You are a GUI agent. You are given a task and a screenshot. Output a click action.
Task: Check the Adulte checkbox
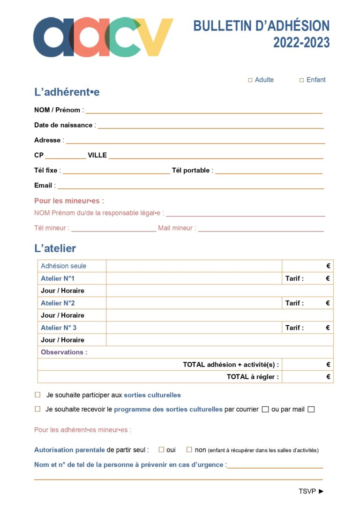(250, 80)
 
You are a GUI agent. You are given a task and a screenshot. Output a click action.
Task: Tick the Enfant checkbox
(302, 80)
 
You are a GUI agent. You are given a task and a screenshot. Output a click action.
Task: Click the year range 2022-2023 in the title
(301, 43)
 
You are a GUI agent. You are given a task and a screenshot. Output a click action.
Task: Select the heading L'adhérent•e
(67, 92)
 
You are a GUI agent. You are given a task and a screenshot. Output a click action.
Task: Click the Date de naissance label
(64, 125)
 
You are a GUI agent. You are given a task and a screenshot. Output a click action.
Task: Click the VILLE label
(97, 155)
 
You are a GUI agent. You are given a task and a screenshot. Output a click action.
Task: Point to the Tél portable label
(191, 170)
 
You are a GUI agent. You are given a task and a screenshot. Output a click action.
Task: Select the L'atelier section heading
(55, 248)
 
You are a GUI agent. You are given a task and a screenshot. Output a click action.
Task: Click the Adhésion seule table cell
(63, 266)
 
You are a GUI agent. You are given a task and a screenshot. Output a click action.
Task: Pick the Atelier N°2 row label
(58, 303)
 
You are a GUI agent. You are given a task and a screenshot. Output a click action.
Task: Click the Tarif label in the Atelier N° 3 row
(294, 328)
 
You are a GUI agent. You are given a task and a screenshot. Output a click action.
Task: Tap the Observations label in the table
(64, 352)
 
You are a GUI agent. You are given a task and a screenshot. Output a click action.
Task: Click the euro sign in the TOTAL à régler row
(328, 376)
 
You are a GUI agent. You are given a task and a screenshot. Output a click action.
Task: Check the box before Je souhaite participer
(37, 395)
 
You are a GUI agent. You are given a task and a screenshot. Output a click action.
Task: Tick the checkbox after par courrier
(265, 409)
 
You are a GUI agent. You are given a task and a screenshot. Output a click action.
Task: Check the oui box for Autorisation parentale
(161, 449)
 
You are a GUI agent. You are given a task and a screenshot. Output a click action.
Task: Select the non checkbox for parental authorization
(189, 449)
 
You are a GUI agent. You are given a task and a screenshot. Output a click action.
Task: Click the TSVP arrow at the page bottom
(321, 491)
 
